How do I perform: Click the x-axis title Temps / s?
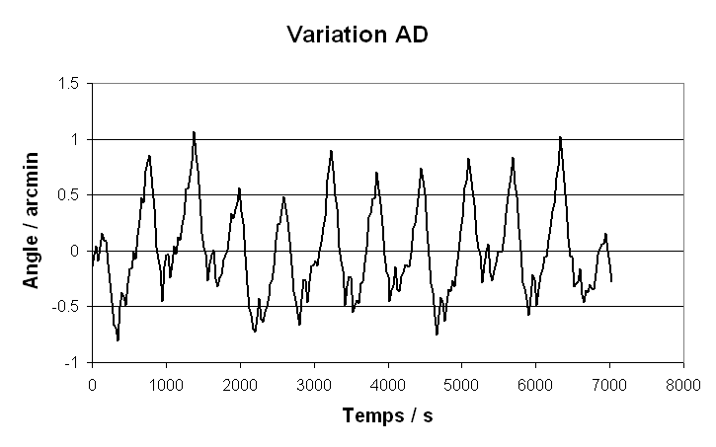[387, 416]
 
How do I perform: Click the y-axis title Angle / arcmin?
[31, 220]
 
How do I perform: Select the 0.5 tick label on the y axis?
[67, 195]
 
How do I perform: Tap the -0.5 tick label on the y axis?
[65, 307]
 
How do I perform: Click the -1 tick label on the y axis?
[72, 362]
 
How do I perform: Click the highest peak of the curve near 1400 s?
[194, 131]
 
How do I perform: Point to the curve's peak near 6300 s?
[560, 137]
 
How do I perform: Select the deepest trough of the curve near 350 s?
[118, 340]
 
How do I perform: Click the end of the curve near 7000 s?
[612, 281]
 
